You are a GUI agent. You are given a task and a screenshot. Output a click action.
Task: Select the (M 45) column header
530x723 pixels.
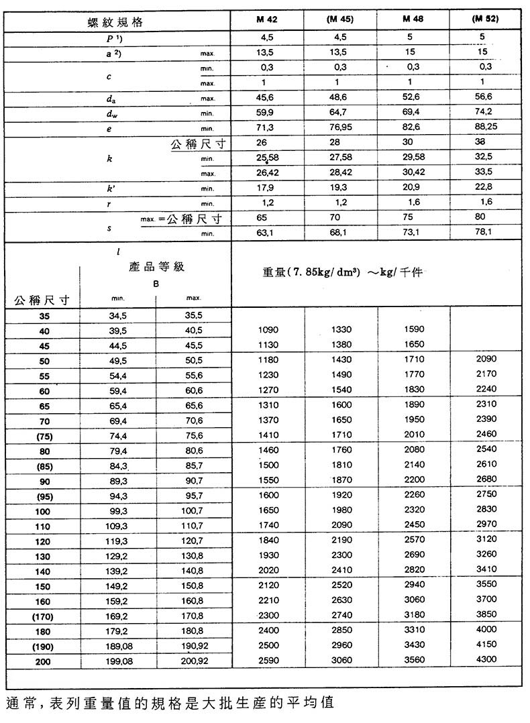[x=341, y=19]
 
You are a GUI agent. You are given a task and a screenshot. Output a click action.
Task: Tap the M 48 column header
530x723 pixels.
[x=413, y=19]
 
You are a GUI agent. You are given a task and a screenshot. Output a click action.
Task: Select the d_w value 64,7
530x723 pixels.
[x=341, y=113]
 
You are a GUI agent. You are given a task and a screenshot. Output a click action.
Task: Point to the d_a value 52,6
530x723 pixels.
[x=413, y=99]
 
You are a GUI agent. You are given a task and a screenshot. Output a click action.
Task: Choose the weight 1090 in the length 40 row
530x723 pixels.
[x=268, y=330]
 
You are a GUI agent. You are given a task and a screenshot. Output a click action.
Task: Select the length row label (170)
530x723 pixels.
[x=42, y=616]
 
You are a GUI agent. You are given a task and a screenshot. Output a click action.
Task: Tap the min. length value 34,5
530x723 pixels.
[x=118, y=315]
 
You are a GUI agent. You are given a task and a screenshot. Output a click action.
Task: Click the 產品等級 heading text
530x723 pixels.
[x=156, y=267]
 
